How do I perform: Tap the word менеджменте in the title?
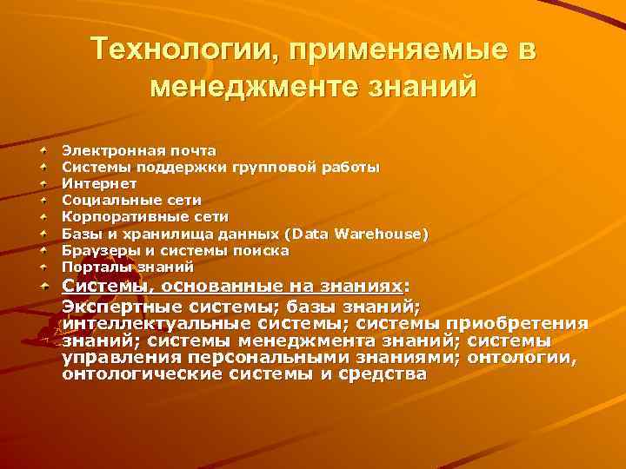click(262, 87)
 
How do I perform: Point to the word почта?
click(191, 150)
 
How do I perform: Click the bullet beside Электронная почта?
click(43, 150)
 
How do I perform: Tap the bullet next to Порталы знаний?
click(43, 267)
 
